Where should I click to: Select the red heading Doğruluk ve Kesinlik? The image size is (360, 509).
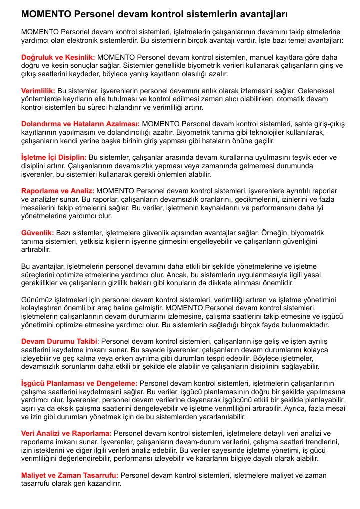click(58, 58)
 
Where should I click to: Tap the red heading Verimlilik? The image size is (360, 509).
click(38, 91)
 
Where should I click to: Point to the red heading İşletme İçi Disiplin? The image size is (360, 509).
click(54, 157)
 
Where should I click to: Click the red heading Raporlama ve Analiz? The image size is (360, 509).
click(58, 191)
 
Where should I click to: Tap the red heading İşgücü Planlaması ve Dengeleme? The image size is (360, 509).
click(79, 383)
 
